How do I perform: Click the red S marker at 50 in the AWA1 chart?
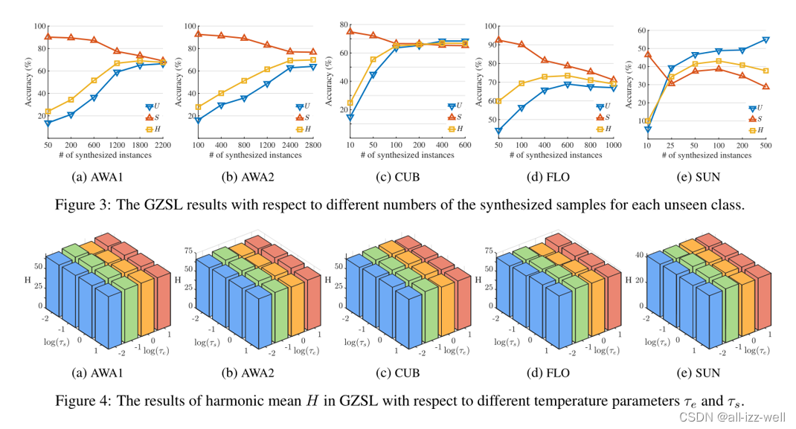tap(48, 36)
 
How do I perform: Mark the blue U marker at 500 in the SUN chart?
tap(765, 40)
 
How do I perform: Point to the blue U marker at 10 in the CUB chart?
tap(350, 117)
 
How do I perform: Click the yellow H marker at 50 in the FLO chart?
tap(498, 100)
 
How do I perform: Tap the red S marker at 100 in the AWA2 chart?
tap(199, 34)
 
